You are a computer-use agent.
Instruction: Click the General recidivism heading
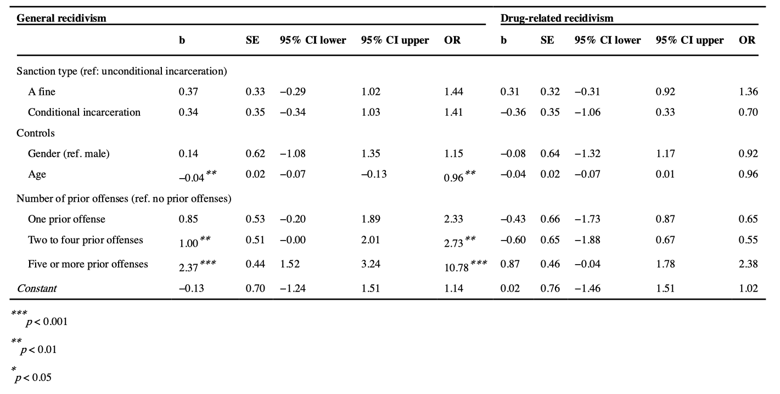click(x=61, y=18)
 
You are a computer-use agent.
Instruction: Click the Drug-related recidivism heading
click(x=557, y=18)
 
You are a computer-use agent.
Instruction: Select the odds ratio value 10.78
click(x=456, y=267)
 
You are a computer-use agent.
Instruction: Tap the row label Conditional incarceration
click(x=84, y=112)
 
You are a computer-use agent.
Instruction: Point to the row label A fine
click(x=42, y=92)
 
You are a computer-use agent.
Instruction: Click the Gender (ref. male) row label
click(x=69, y=154)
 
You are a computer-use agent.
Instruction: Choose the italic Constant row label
click(x=37, y=288)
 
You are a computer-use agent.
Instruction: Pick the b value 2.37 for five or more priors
click(x=189, y=267)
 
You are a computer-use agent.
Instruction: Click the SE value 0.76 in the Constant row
click(x=550, y=288)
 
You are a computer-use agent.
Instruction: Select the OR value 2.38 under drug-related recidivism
click(x=748, y=264)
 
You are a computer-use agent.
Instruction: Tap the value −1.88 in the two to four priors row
click(x=587, y=240)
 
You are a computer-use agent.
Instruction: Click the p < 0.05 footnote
click(x=36, y=378)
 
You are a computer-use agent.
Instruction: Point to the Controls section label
click(x=36, y=133)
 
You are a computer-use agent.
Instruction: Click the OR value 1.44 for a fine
click(x=453, y=92)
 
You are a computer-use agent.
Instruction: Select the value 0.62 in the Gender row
click(x=255, y=154)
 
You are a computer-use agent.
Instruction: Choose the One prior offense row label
click(x=66, y=219)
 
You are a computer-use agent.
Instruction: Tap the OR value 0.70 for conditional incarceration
click(x=748, y=112)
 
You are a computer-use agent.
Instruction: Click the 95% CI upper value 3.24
click(x=371, y=264)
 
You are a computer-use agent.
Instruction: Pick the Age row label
click(x=37, y=174)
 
